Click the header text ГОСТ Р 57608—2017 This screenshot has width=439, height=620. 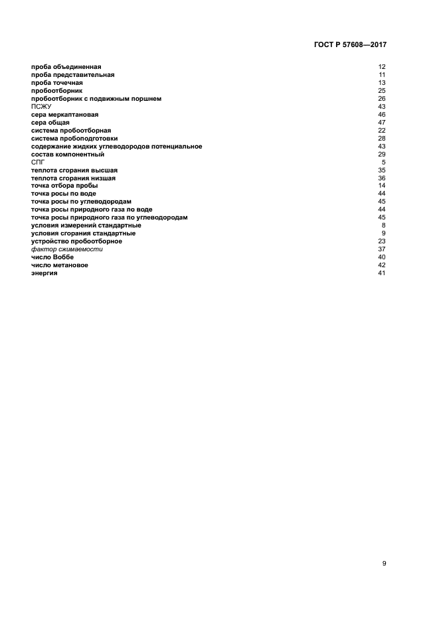[x=349, y=45]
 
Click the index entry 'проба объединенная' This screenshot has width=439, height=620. [x=63, y=67]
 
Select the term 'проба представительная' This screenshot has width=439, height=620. [x=68, y=75]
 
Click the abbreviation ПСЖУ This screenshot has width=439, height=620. [x=41, y=107]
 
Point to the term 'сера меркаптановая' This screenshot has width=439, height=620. [x=64, y=115]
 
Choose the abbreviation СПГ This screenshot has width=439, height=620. [x=38, y=162]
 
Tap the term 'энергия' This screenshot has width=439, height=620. [x=44, y=273]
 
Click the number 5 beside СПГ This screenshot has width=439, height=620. [x=384, y=162]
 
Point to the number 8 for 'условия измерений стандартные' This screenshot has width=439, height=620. [x=384, y=225]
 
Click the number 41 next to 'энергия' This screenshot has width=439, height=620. [x=382, y=273]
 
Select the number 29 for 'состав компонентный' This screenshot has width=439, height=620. [x=382, y=155]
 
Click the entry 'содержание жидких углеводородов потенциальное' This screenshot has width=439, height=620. [x=116, y=147]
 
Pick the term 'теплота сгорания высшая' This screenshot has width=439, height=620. [x=74, y=170]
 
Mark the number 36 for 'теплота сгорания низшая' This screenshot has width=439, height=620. [x=382, y=178]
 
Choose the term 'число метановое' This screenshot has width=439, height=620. [x=60, y=265]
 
